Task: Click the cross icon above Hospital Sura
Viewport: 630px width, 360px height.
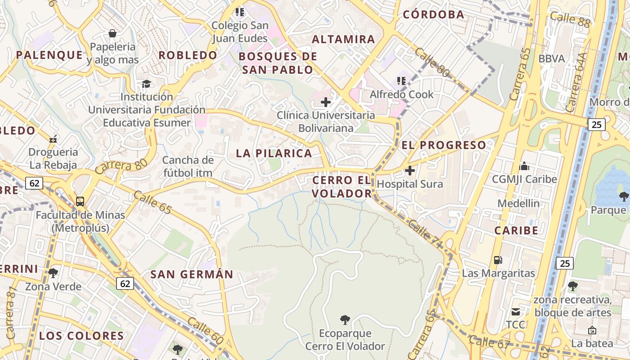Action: point(410,171)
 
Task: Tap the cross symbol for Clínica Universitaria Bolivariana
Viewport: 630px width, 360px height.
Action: point(326,102)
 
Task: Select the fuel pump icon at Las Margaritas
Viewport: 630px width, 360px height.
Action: point(498,260)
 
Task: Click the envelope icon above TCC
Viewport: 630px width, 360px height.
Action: point(515,311)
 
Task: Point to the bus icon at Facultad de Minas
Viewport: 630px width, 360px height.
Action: point(80,202)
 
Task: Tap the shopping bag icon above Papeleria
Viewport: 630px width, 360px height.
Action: point(112,33)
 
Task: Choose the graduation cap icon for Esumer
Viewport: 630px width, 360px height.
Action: point(146,84)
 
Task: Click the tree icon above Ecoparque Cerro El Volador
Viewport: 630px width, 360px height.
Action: point(345,320)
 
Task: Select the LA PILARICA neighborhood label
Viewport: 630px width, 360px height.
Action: point(274,153)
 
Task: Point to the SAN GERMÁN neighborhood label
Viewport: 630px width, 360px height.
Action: point(192,274)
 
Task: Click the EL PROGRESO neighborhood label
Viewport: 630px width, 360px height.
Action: point(444,145)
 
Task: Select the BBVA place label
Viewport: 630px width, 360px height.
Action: point(552,58)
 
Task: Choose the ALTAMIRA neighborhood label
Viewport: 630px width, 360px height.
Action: point(343,39)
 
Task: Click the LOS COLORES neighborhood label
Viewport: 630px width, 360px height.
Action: point(81,336)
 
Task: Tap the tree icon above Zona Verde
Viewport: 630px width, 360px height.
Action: point(53,273)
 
